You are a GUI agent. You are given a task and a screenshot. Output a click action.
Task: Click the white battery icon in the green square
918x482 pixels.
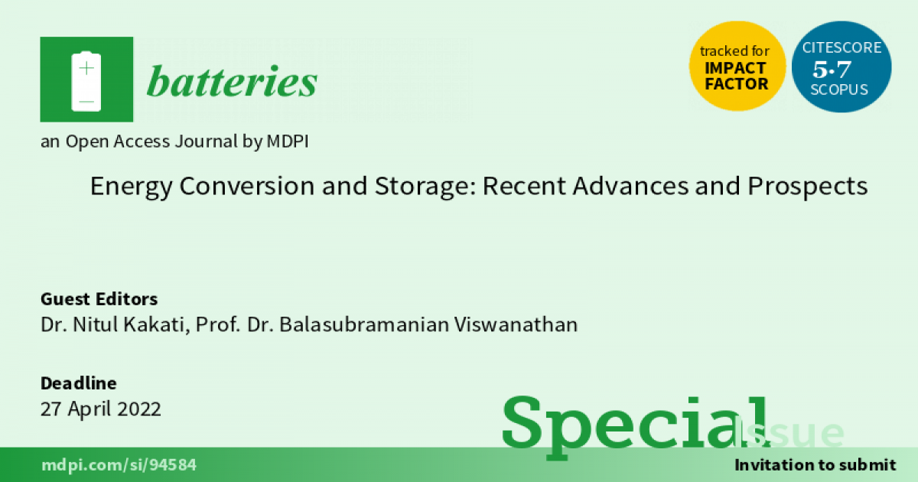(x=86, y=81)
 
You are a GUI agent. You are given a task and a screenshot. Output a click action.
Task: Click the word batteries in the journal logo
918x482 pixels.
(x=232, y=81)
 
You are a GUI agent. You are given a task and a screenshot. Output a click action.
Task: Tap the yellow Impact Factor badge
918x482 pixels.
(x=737, y=66)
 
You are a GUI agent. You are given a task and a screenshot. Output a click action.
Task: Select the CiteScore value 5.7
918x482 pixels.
(x=832, y=70)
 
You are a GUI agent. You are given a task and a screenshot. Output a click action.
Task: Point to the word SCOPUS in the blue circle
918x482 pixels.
(x=839, y=90)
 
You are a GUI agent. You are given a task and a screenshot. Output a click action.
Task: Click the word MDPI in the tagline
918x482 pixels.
(x=288, y=142)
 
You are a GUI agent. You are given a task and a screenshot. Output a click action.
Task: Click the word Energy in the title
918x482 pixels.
(x=131, y=187)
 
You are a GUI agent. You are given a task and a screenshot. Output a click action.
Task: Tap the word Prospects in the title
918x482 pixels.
(x=808, y=187)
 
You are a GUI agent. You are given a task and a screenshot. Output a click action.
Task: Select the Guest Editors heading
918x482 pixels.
(x=99, y=299)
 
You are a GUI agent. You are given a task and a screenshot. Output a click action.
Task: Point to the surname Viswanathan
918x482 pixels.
(x=516, y=324)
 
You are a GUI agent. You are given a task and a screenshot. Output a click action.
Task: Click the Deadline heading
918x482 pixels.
(x=78, y=383)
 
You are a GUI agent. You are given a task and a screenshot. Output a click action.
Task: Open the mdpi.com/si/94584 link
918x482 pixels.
(x=119, y=465)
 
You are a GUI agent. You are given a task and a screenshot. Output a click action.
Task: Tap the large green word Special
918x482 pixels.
(x=635, y=426)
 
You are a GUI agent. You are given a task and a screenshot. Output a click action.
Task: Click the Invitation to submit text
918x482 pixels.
(x=815, y=465)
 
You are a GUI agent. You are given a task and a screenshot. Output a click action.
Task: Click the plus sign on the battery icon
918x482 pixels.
(x=86, y=68)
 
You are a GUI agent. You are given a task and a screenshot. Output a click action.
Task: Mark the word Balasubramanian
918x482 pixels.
(x=364, y=324)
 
